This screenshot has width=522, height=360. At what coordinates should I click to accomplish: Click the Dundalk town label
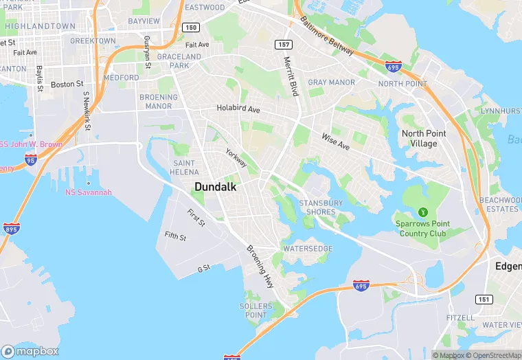click(216, 187)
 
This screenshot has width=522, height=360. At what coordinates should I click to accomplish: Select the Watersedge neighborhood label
click(308, 248)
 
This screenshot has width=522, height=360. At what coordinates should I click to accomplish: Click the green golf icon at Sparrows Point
click(423, 212)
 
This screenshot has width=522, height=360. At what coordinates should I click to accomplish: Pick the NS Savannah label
click(88, 192)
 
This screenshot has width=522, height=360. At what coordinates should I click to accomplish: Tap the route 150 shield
click(192, 27)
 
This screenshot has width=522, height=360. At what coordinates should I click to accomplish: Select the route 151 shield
click(483, 298)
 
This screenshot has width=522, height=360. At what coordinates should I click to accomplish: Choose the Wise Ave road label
click(335, 141)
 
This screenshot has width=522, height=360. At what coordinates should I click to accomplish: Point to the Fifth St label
click(175, 236)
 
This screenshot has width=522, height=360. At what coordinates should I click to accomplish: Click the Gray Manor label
click(331, 82)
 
